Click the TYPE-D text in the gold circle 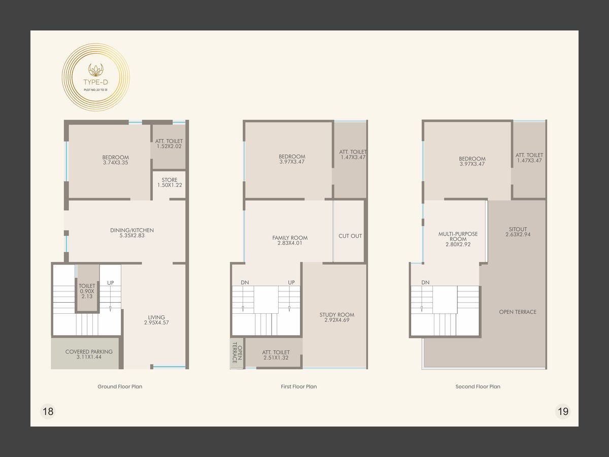(x=96, y=82)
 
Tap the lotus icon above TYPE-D (x=96, y=70)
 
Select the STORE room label (x=170, y=183)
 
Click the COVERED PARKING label (x=89, y=354)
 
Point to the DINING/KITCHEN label (x=132, y=233)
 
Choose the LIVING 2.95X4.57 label (x=156, y=320)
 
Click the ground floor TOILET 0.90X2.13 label (x=87, y=291)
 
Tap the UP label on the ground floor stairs (x=111, y=283)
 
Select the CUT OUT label (x=350, y=236)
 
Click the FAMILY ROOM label (x=290, y=240)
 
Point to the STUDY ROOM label (x=337, y=317)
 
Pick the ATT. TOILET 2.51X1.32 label (x=276, y=355)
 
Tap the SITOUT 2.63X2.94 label (x=518, y=232)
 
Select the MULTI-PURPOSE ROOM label (x=458, y=239)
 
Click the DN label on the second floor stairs (x=425, y=282)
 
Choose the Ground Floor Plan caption (x=120, y=386)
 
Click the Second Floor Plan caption (x=478, y=386)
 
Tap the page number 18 (x=48, y=411)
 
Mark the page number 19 (x=563, y=411)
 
